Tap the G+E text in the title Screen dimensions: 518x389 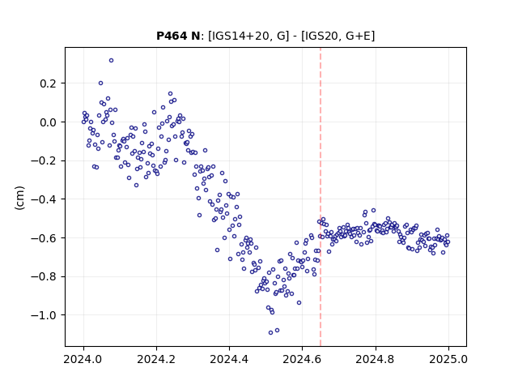(x=358, y=36)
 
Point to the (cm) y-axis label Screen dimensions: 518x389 (x=19, y=198)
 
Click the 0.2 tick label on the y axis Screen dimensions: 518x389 (x=49, y=83)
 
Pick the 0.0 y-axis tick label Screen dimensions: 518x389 (x=49, y=122)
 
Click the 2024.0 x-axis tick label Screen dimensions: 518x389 (x=83, y=359)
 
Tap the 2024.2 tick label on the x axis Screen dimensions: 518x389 (x=156, y=359)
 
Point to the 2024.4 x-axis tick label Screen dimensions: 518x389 (x=229, y=359)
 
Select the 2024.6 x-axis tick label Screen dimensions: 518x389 (x=302, y=359)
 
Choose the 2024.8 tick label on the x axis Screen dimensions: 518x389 (x=376, y=359)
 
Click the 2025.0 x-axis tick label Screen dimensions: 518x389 (x=448, y=359)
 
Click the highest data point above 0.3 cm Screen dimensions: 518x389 (x=112, y=61)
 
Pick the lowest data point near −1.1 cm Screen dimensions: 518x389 (x=270, y=333)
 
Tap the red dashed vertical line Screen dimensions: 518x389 (x=321, y=197)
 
